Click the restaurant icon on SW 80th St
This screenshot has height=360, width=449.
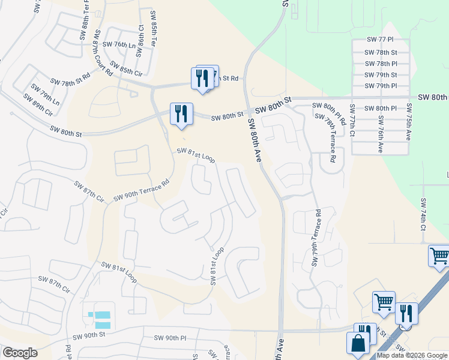[x=181, y=113]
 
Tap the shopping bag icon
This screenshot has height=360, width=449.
[x=358, y=344]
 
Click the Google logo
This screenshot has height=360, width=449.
[x=20, y=353]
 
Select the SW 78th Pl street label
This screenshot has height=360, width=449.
[x=381, y=64]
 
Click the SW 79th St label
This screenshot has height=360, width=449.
[x=381, y=75]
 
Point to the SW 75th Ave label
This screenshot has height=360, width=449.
[x=408, y=122]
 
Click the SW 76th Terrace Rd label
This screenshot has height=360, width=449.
[x=316, y=238]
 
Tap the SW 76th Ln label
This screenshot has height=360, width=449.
[x=119, y=45]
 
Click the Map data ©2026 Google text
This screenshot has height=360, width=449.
[x=412, y=355]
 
